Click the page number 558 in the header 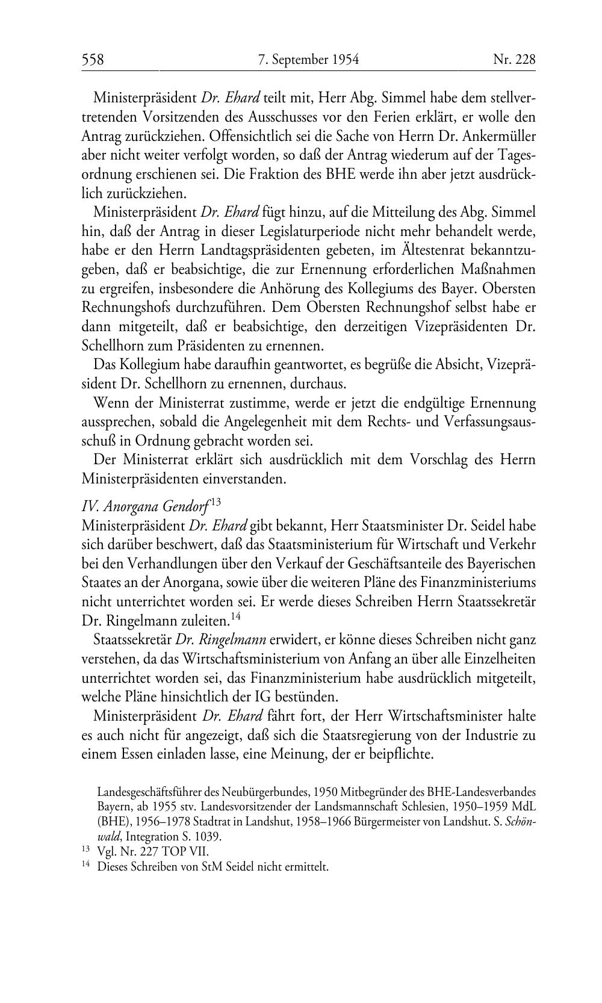pyautogui.click(x=93, y=60)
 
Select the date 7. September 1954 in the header pyautogui.click(x=308, y=60)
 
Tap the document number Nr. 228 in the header pyautogui.click(x=514, y=60)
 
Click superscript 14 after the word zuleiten pyautogui.click(x=235, y=616)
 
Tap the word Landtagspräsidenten pyautogui.click(x=246, y=250)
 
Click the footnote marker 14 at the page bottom pyautogui.click(x=85, y=866)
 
